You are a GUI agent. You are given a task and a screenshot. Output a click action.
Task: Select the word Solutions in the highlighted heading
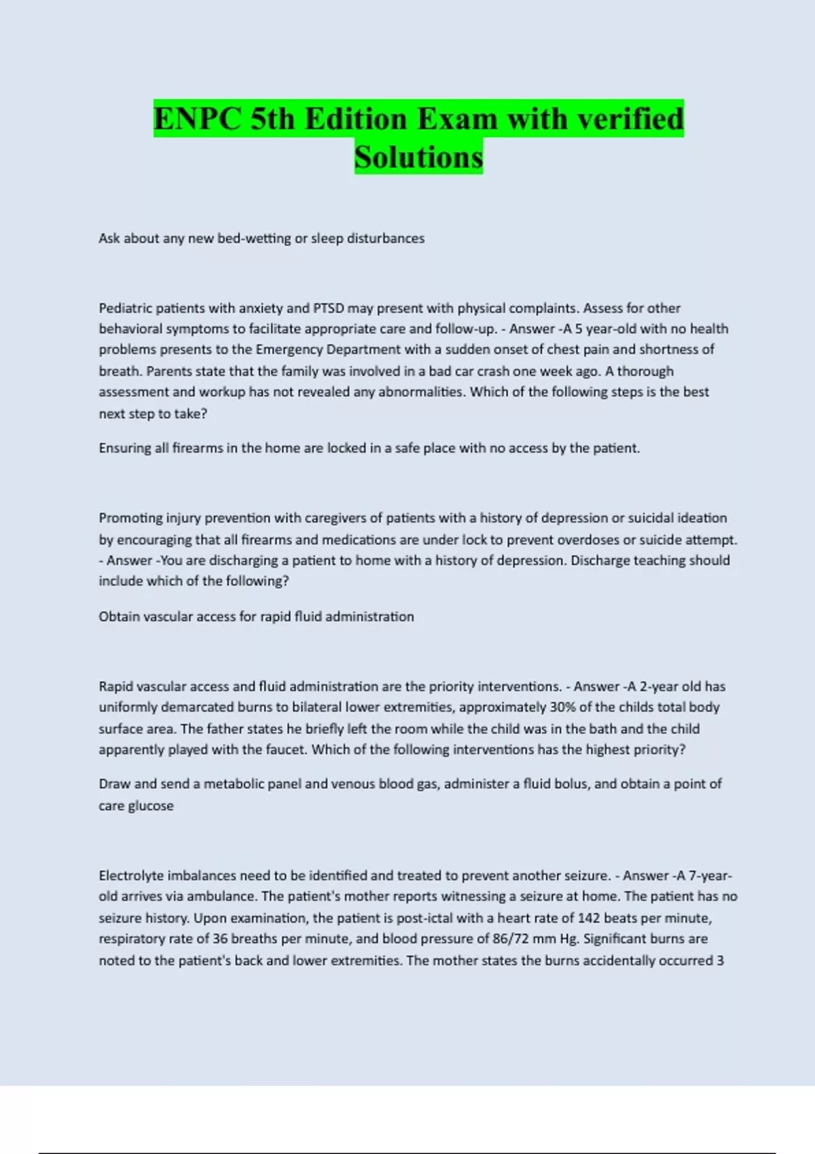418,157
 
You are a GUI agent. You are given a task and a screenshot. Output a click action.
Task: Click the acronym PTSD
329,308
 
